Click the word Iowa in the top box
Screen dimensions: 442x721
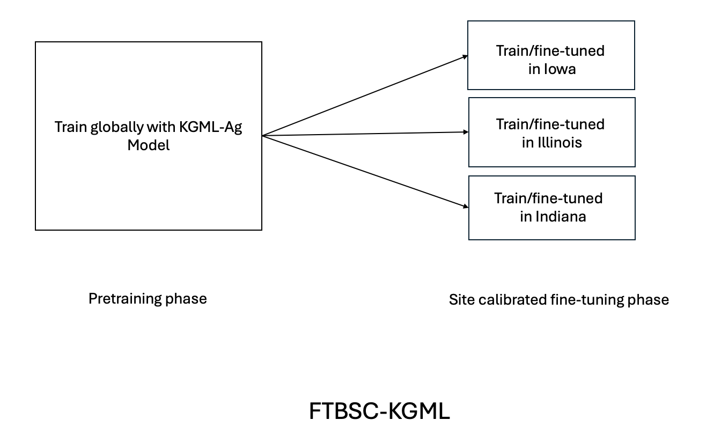[561, 69]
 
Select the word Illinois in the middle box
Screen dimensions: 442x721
[560, 143]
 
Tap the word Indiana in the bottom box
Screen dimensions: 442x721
[561, 217]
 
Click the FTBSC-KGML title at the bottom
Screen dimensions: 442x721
[379, 411]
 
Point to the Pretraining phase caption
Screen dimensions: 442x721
[148, 298]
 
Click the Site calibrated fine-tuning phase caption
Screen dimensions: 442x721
[558, 299]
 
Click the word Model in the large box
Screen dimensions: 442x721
[149, 145]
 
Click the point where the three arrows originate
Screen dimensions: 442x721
[263, 136]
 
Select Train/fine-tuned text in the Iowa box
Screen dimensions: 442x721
[550, 51]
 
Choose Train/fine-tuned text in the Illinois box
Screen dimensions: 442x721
[550, 124]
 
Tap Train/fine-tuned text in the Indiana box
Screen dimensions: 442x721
[548, 198]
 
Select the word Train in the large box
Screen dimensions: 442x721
[70, 128]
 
